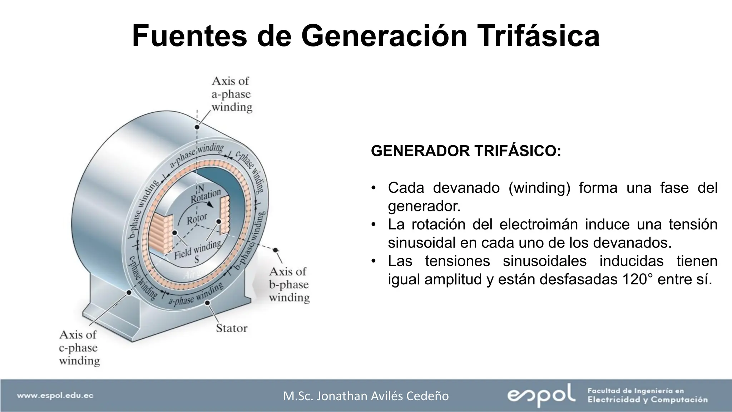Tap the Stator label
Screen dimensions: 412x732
click(x=232, y=328)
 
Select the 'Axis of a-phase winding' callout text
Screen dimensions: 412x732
click(x=232, y=94)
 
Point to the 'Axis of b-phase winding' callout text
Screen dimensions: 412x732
click(x=289, y=285)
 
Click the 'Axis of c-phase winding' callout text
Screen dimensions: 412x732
click(x=79, y=348)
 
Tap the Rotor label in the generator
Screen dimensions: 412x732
click(x=197, y=219)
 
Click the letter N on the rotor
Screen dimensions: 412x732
click(x=201, y=188)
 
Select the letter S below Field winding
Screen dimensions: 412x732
click(x=197, y=260)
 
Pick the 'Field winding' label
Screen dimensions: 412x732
click(x=197, y=249)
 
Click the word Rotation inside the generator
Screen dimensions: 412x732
click(x=206, y=196)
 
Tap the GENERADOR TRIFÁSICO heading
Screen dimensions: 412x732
click(x=466, y=151)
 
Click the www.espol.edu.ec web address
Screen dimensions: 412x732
click(x=55, y=396)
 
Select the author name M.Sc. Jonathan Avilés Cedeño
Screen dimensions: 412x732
click(x=366, y=396)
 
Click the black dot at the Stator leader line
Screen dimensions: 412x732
click(x=207, y=303)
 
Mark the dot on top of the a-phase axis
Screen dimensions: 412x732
click(x=197, y=127)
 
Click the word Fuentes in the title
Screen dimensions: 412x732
click(x=189, y=36)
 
